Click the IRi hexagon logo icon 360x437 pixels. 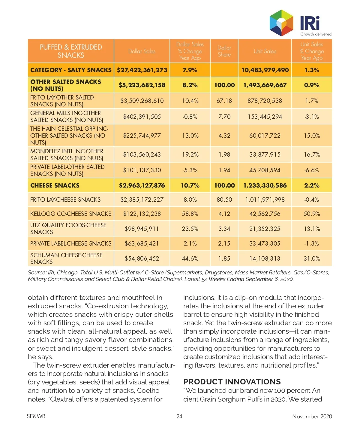pyautogui.click(x=281, y=23)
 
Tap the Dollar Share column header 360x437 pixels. pyautogui.click(x=224, y=51)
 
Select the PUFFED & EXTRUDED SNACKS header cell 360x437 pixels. pyautogui.click(x=71, y=51)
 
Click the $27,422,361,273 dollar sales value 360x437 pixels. pyautogui.click(x=142, y=70)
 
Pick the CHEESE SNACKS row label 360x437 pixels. pyautogui.click(x=55, y=185)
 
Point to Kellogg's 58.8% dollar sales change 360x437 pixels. pyautogui.click(x=190, y=214)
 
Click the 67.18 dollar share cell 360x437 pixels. pyautogui.click(x=224, y=101)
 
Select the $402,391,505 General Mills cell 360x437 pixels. pyautogui.click(x=142, y=117)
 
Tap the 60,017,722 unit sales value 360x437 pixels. pyautogui.click(x=265, y=136)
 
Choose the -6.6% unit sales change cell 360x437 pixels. pyautogui.click(x=312, y=170)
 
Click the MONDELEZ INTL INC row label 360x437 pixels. pyautogui.click(x=67, y=154)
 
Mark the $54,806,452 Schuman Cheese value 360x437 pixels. pyautogui.click(x=142, y=258)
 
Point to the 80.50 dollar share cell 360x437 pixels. pyautogui.click(x=224, y=200)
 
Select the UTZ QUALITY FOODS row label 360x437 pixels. pyautogui.click(x=68, y=228)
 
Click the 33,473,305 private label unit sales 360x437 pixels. pyautogui.click(x=265, y=243)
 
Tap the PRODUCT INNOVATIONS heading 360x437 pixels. pyautogui.click(x=232, y=382)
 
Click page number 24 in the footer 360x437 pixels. pyautogui.click(x=179, y=416)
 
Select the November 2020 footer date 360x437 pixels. pyautogui.click(x=312, y=416)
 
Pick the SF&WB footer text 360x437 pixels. pyautogui.click(x=36, y=416)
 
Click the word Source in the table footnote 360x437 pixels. pyautogui.click(x=37, y=273)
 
